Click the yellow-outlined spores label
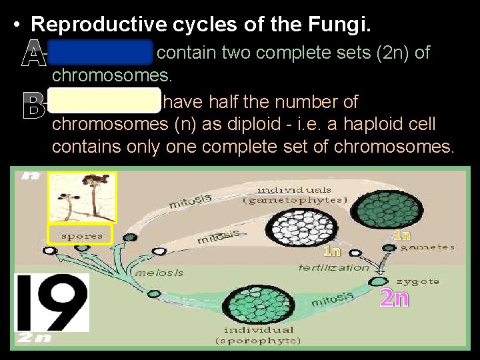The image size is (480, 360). point(81,235)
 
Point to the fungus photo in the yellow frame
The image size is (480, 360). point(82,197)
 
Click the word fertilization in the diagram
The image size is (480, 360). point(333,267)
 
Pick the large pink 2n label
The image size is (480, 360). point(393,298)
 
